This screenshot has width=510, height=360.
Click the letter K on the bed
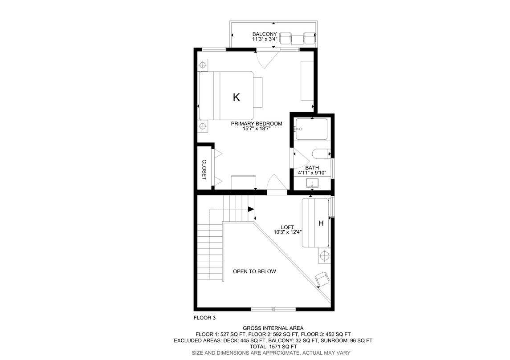pyautogui.click(x=237, y=97)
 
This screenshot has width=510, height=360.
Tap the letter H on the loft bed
pyautogui.click(x=321, y=223)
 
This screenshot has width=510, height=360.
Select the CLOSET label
pyautogui.click(x=204, y=170)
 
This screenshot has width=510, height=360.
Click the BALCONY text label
pyautogui.click(x=265, y=34)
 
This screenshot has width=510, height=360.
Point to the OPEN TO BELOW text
pyautogui.click(x=254, y=271)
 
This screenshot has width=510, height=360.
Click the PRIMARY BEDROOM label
pyautogui.click(x=257, y=123)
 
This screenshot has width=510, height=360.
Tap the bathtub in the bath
pyautogui.click(x=311, y=129)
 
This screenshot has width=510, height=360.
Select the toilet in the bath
pyautogui.click(x=321, y=154)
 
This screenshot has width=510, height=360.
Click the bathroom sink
pyautogui.click(x=312, y=183)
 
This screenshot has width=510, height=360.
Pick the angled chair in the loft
pyautogui.click(x=322, y=279)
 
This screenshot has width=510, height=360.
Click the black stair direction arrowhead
pyautogui.click(x=251, y=209)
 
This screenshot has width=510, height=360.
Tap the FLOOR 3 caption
pyautogui.click(x=204, y=318)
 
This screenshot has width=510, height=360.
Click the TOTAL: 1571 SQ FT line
pyautogui.click(x=273, y=347)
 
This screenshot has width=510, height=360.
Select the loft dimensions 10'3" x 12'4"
pyautogui.click(x=288, y=232)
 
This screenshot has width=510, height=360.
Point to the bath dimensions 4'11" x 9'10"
pyautogui.click(x=312, y=173)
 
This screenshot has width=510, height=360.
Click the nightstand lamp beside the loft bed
pyautogui.click(x=324, y=256)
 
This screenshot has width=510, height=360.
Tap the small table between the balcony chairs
pyautogui.click(x=297, y=40)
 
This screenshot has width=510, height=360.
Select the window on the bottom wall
pyautogui.click(x=273, y=309)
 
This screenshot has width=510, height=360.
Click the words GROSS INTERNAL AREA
pyautogui.click(x=273, y=328)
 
